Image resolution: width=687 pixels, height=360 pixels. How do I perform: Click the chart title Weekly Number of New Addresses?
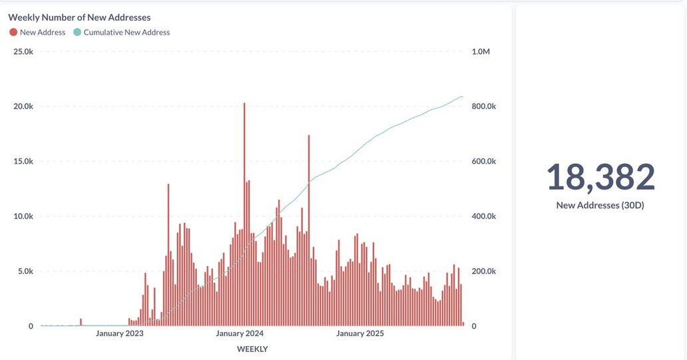click(x=79, y=17)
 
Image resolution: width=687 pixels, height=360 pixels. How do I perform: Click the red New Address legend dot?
click(x=13, y=32)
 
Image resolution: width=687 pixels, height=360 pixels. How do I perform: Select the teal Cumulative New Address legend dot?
click(x=77, y=32)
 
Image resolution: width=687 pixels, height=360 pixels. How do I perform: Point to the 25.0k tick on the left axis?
click(x=23, y=51)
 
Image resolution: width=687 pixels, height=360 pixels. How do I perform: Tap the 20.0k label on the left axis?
click(x=23, y=106)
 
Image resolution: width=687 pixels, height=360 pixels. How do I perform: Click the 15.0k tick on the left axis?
click(x=23, y=161)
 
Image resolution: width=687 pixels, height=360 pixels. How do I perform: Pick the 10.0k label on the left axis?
click(x=23, y=216)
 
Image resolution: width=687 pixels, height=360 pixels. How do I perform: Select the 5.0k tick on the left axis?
click(x=25, y=271)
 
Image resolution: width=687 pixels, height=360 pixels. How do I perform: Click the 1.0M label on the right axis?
click(x=481, y=51)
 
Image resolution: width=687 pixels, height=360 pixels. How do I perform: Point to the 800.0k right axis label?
click(x=484, y=106)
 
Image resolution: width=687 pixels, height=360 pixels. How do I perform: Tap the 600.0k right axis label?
click(x=484, y=161)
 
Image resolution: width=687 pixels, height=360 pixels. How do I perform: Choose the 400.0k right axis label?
click(x=484, y=216)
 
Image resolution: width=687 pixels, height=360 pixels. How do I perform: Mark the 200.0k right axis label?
click(x=484, y=271)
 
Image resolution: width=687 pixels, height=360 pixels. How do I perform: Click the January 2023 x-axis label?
click(x=120, y=333)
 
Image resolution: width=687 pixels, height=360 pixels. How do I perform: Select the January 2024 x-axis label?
click(x=240, y=333)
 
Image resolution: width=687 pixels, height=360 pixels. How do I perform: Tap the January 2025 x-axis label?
click(x=360, y=333)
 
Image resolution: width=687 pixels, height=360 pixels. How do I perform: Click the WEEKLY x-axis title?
click(x=252, y=349)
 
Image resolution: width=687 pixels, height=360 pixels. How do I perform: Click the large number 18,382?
click(x=600, y=177)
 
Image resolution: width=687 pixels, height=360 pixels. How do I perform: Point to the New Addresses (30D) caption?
click(x=600, y=205)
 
